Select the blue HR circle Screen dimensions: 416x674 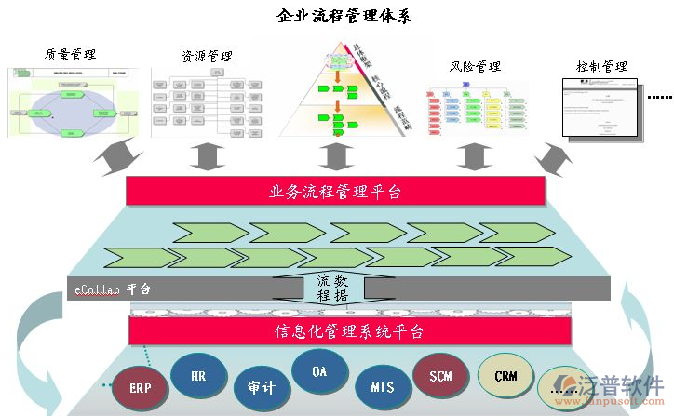198,377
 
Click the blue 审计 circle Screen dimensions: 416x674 262,385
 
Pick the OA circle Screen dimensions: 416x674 319,371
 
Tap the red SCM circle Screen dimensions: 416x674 440,376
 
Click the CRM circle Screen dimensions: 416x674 505,376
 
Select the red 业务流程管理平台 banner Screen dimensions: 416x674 335,192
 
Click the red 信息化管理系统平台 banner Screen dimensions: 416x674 335,330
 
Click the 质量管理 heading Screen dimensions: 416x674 70,55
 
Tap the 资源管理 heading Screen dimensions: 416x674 208,57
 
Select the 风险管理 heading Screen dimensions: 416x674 475,67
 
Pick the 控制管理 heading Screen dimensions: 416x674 601,67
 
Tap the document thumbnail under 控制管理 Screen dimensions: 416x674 600,108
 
